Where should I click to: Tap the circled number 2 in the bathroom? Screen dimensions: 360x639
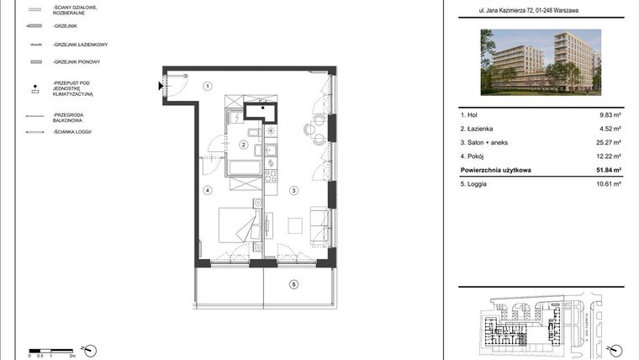243,145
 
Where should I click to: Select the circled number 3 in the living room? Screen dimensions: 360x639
294,191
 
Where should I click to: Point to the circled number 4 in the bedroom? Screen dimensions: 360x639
207,191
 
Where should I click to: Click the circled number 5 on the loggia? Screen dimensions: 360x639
294,284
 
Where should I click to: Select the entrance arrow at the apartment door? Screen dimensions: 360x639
160,84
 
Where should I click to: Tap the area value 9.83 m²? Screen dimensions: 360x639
610,114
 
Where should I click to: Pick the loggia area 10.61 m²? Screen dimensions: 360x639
609,183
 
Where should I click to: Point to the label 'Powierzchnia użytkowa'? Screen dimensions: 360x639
496,170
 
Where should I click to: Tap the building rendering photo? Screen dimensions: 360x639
541,61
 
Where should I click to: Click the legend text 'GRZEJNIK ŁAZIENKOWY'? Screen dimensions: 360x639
80,45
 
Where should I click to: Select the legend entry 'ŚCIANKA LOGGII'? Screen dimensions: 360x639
71,132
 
